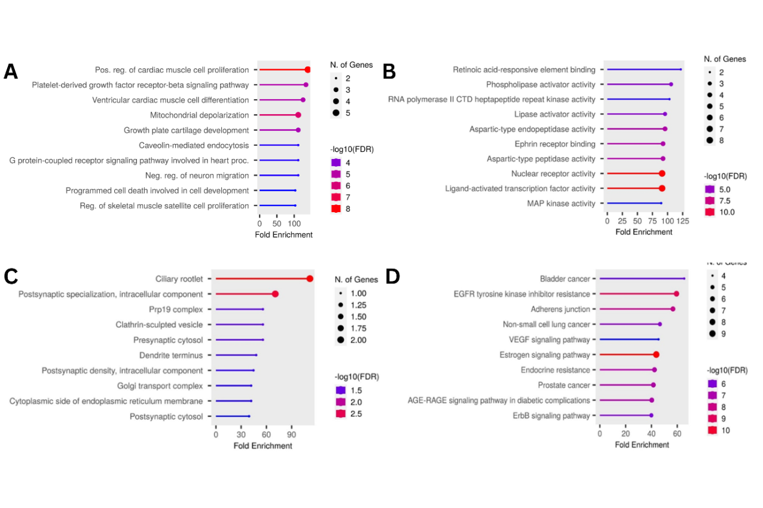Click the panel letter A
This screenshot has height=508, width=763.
click(x=11, y=72)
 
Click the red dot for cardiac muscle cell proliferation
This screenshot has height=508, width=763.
click(x=307, y=70)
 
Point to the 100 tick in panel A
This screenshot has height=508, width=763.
click(x=295, y=223)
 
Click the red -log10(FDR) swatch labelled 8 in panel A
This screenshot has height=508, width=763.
click(x=335, y=209)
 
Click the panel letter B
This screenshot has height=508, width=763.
click(x=389, y=72)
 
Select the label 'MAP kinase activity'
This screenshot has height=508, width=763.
click(x=561, y=203)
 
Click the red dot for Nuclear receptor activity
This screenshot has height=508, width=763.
click(x=662, y=173)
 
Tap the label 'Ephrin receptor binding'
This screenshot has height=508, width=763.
click(x=555, y=144)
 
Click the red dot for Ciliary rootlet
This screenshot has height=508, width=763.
click(x=310, y=279)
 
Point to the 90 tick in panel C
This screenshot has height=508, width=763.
click(x=291, y=434)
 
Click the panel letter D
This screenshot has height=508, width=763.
click(x=393, y=276)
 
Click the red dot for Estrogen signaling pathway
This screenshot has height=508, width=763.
click(x=656, y=354)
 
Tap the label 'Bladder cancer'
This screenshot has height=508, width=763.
click(x=564, y=279)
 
